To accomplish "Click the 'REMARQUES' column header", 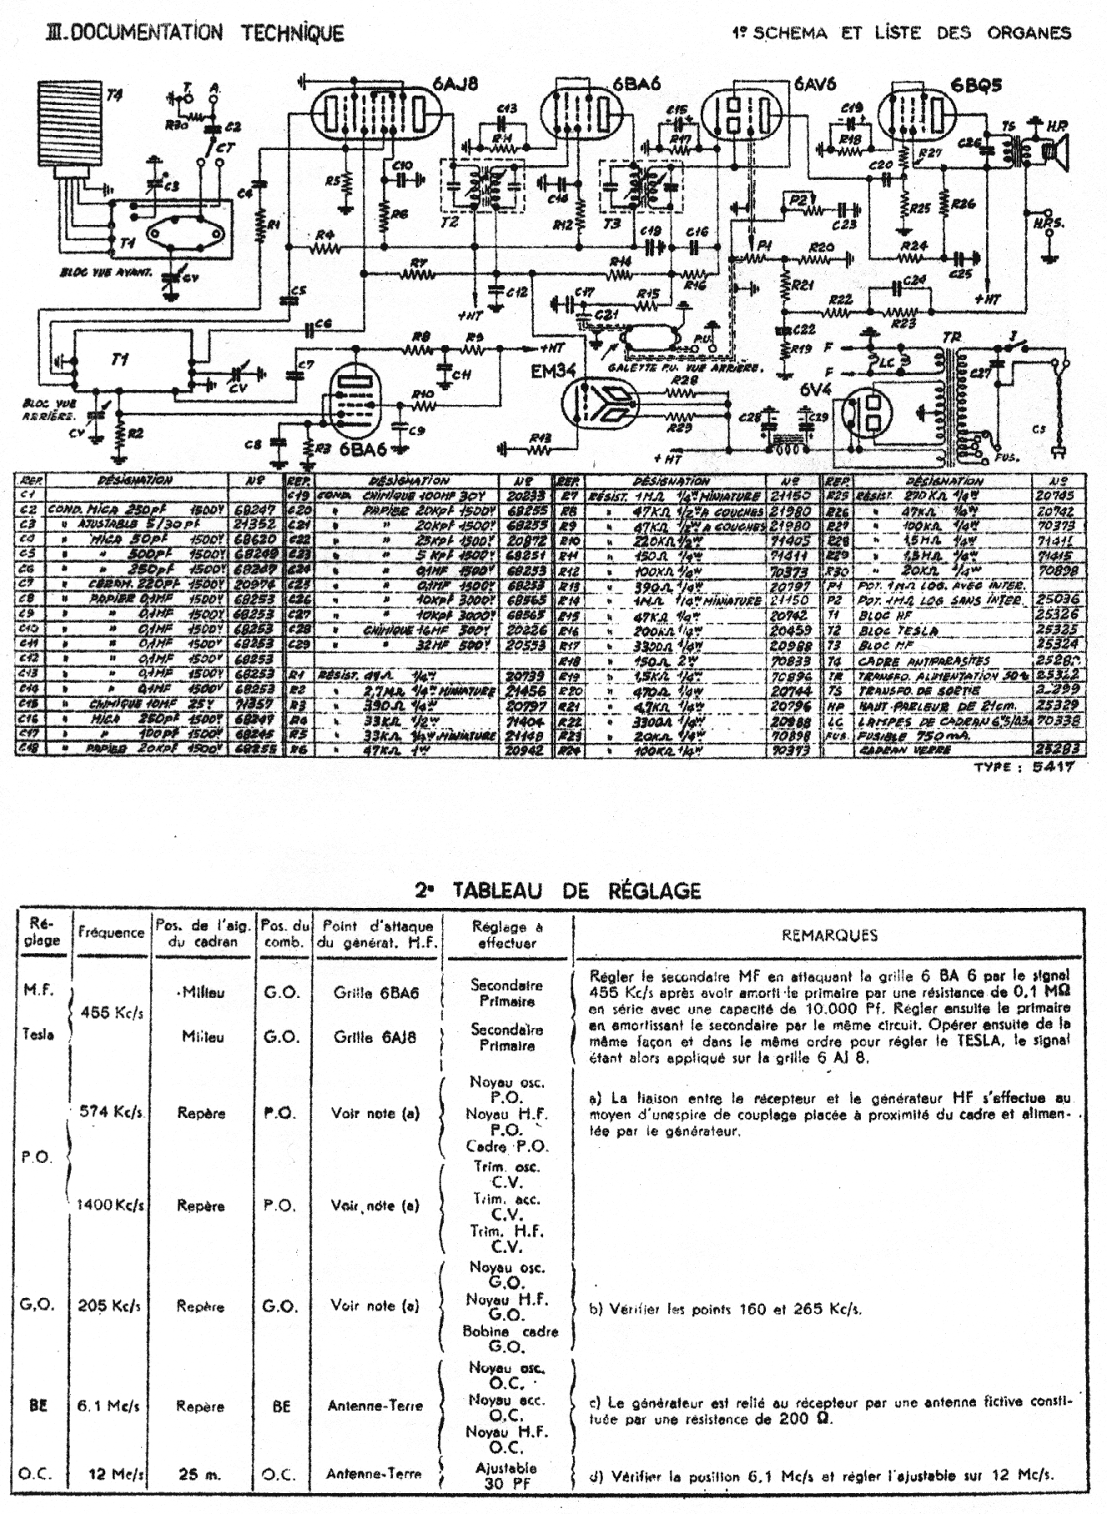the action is click(x=829, y=935).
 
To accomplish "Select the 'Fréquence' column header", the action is click(x=111, y=933).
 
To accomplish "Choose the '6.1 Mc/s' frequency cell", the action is click(x=108, y=1406).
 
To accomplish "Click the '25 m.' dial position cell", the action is click(x=200, y=1473).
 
